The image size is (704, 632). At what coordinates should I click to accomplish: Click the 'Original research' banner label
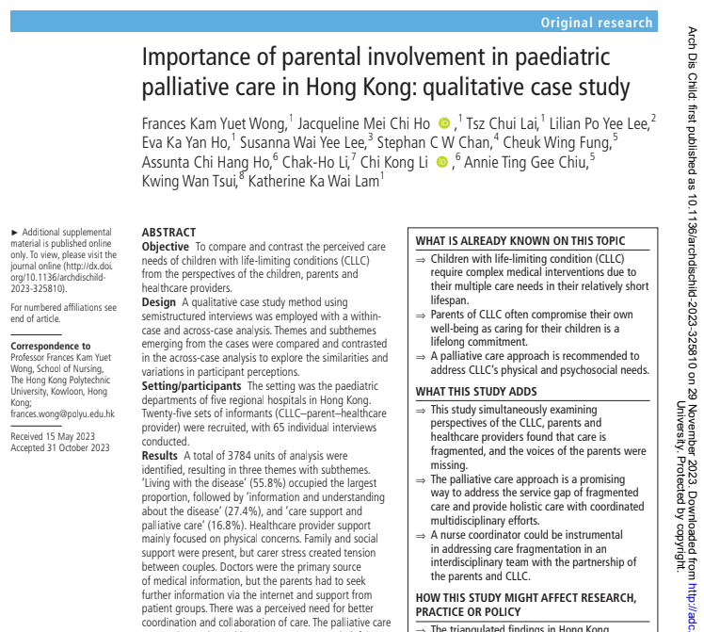point(596,23)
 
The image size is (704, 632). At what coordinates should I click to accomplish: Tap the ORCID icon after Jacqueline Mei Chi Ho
point(444,122)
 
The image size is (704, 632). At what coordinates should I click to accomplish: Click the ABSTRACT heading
point(168,233)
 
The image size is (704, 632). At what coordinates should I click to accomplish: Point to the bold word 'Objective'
point(166,247)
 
